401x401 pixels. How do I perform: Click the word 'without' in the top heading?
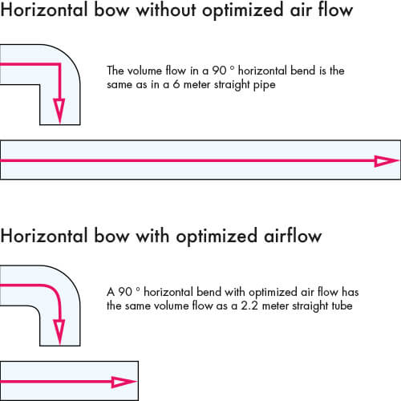click(x=166, y=10)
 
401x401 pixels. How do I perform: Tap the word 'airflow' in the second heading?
click(x=293, y=236)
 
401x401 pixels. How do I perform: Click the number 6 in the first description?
click(x=176, y=84)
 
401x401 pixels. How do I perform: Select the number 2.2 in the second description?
click(x=249, y=306)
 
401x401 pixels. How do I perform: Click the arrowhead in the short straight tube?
click(x=124, y=382)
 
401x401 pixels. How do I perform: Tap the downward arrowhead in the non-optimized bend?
click(x=59, y=111)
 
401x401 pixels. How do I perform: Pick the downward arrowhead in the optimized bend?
click(x=59, y=332)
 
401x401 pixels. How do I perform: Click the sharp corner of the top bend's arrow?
click(x=59, y=64)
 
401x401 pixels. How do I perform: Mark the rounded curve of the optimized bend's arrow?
click(x=55, y=290)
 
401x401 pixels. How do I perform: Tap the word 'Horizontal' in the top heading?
click(x=44, y=10)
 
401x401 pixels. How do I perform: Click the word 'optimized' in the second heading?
click(x=217, y=237)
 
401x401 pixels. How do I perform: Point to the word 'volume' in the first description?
click(x=144, y=71)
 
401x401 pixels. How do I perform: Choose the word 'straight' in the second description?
click(x=310, y=306)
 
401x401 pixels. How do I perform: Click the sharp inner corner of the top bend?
click(x=40, y=85)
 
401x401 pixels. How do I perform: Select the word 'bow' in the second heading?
click(x=111, y=236)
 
